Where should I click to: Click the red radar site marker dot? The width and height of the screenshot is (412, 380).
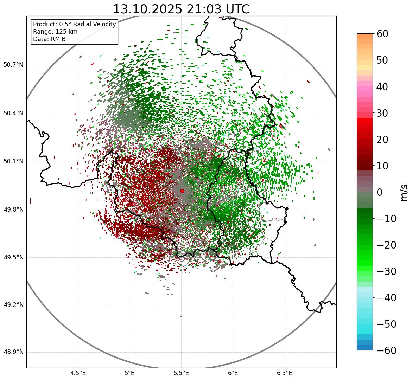pyautogui.click(x=182, y=191)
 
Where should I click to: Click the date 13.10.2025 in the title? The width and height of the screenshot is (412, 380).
pyautogui.click(x=147, y=9)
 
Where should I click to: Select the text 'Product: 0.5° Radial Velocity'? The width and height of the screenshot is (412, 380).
pyautogui.click(x=74, y=24)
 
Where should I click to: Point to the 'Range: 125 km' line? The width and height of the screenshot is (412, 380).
pyautogui.click(x=55, y=32)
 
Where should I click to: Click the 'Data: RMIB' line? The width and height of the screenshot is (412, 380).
pyautogui.click(x=49, y=39)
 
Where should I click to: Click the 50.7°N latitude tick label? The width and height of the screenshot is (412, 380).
pyautogui.click(x=13, y=65)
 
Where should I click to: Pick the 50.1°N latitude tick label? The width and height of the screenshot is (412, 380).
pyautogui.click(x=13, y=162)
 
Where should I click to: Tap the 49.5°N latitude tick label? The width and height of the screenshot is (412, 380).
pyautogui.click(x=13, y=257)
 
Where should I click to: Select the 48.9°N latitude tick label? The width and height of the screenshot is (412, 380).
pyautogui.click(x=13, y=352)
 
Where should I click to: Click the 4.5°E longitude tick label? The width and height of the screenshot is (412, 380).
pyautogui.click(x=78, y=373)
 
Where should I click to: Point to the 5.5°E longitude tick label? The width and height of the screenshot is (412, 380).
pyautogui.click(x=181, y=373)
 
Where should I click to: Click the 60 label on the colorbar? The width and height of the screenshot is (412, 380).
pyautogui.click(x=382, y=34)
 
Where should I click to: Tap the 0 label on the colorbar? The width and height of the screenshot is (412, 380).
pyautogui.click(x=380, y=192)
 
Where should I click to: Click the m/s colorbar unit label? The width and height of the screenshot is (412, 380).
pyautogui.click(x=404, y=192)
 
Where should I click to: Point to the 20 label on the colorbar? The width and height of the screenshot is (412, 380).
pyautogui.click(x=382, y=140)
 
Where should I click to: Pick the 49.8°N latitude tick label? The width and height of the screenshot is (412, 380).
pyautogui.click(x=13, y=210)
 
